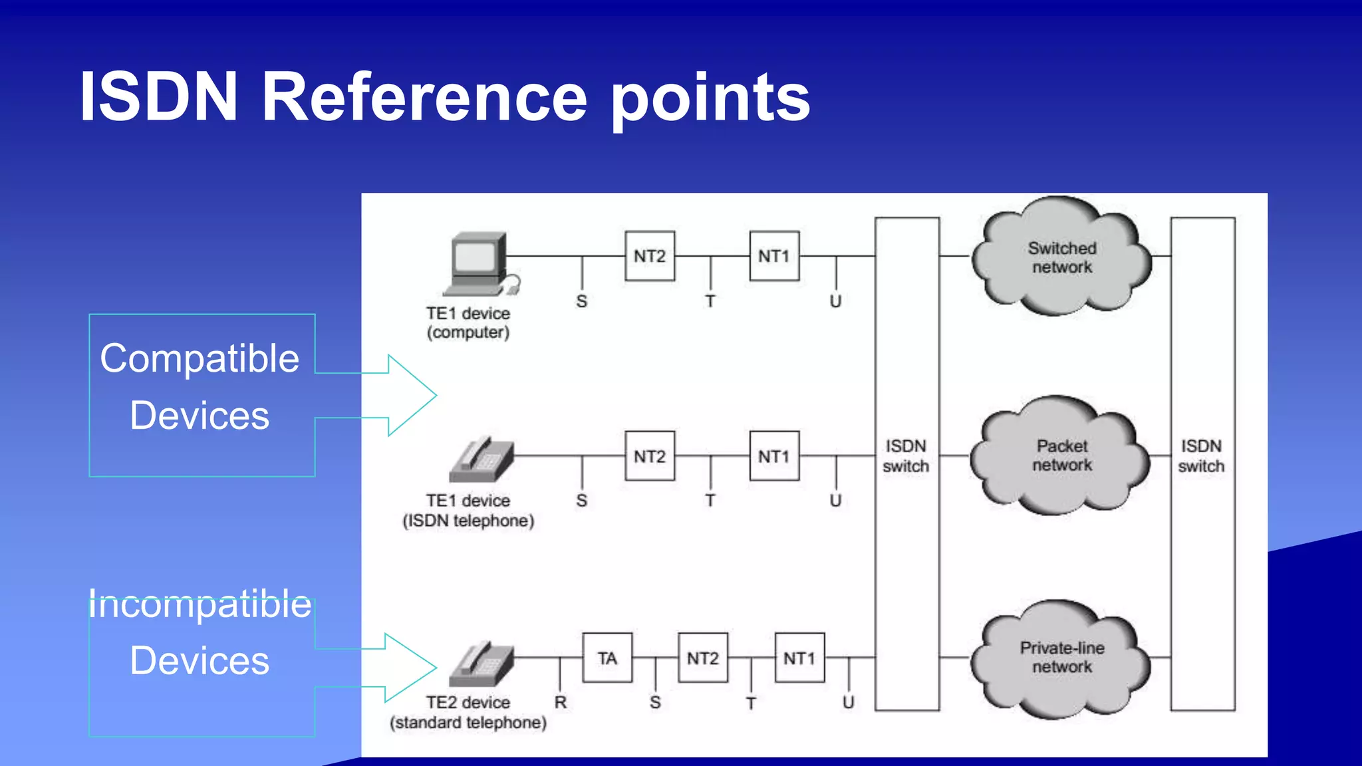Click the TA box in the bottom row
pos(607,658)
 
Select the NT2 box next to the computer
pos(650,256)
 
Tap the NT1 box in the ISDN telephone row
pos(774,456)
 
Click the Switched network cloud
pos(1061,257)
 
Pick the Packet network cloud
pos(1061,456)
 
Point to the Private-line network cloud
pos(1061,658)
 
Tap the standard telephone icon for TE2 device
pos(481,664)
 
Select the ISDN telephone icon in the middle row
pos(481,460)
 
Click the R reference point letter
pos(561,702)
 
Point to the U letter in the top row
pos(835,301)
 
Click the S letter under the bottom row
pos(655,702)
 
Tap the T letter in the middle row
pos(710,500)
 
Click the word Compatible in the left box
pos(200,359)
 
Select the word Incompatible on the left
pos(200,604)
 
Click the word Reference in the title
pos(424,97)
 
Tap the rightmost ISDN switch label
pos(1201,456)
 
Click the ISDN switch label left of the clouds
pos(906,456)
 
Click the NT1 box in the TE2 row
pos(799,658)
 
